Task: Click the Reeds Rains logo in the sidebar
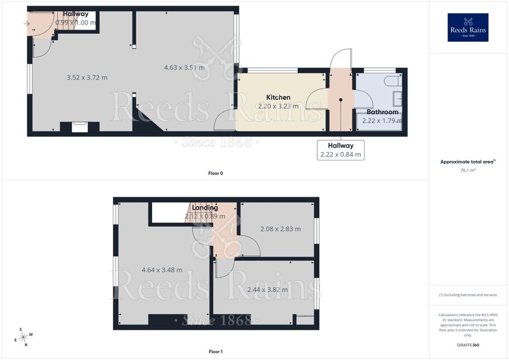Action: (468, 27)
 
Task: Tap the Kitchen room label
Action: (278, 97)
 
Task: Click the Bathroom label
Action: (382, 111)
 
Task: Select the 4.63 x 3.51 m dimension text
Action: (184, 67)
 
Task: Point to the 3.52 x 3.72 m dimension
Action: (87, 77)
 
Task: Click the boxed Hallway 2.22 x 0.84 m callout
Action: (341, 150)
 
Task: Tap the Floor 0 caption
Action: (216, 173)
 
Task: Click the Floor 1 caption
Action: (216, 351)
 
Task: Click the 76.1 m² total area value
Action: (468, 170)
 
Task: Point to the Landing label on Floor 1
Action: (205, 207)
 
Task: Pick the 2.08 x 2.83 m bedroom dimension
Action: (280, 229)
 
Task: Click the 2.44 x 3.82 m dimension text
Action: (268, 290)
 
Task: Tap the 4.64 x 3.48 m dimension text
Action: (162, 270)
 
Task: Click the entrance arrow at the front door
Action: (27, 24)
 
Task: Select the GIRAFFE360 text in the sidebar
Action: (468, 345)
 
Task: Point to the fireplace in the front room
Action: (80, 127)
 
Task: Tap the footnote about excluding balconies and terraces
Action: (468, 295)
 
